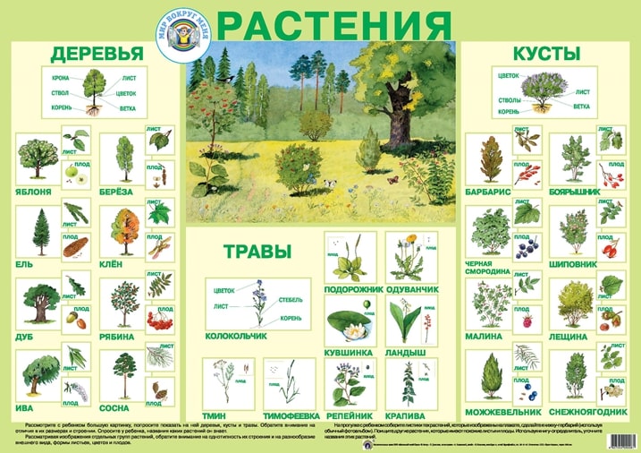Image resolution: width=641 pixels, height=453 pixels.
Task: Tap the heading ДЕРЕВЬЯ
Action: (92, 53)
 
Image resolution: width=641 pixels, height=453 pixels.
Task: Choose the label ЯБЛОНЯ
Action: (35, 192)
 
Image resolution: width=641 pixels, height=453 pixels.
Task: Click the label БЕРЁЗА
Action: (117, 192)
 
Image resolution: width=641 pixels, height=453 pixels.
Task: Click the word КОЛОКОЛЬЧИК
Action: (236, 337)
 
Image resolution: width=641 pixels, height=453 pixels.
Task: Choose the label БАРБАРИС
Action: (487, 192)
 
